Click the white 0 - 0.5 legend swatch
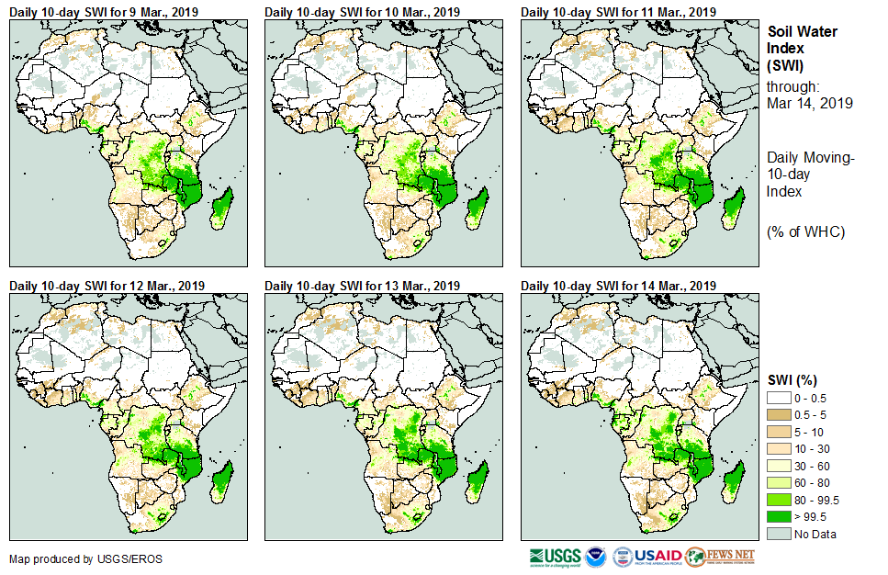(x=780, y=397)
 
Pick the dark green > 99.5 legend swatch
(x=780, y=516)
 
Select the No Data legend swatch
(x=780, y=534)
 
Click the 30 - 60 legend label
(x=814, y=465)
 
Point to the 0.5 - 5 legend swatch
(x=780, y=414)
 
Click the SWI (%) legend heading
(x=792, y=379)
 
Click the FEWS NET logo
(x=721, y=557)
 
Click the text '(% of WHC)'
(x=805, y=231)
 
